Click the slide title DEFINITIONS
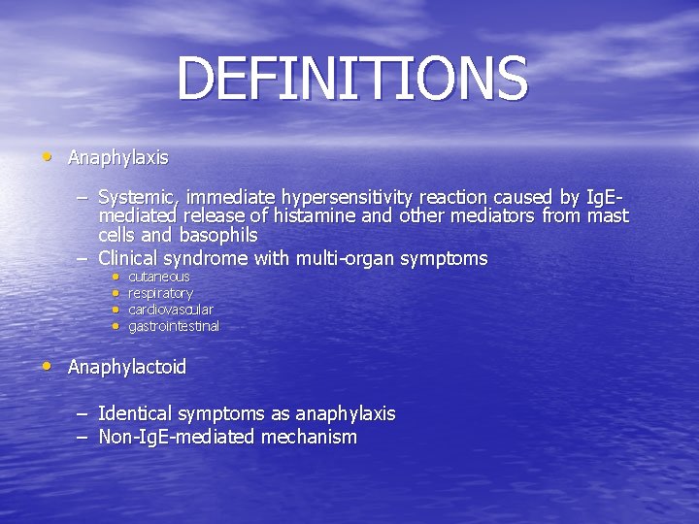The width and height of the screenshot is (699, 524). (351, 80)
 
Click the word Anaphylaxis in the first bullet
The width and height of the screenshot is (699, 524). (117, 157)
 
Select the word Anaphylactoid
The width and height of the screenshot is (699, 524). (126, 368)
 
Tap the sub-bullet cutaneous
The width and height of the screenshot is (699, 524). (159, 277)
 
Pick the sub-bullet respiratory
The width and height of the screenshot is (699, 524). (160, 293)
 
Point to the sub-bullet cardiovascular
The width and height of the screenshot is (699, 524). (171, 310)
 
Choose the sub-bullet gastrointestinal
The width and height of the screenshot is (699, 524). (174, 326)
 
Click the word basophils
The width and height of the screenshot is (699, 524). (218, 235)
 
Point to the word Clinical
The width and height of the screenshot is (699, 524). (130, 258)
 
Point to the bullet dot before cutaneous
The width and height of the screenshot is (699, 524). (114, 277)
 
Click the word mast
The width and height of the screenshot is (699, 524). (610, 215)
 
